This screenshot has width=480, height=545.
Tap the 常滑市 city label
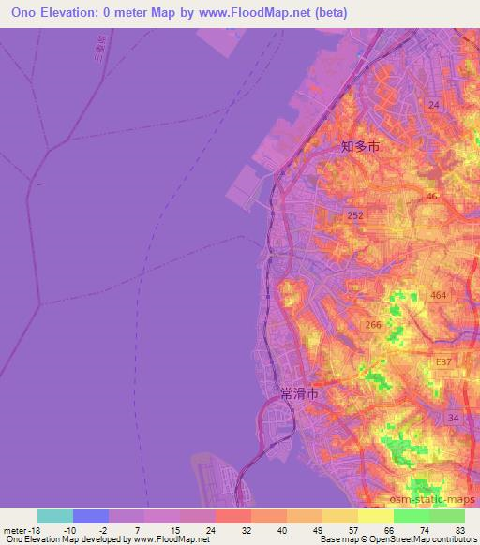pos(299,394)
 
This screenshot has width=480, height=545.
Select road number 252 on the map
pos(355,215)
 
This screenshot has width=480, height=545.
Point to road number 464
pos(439,295)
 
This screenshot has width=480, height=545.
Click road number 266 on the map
pos(373,325)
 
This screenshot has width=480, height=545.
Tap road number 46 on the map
pos(431,197)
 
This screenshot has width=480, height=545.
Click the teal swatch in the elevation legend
pos(54,516)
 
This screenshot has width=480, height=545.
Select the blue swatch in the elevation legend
pos(90,516)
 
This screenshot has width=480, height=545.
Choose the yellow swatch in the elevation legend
pos(375,516)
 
